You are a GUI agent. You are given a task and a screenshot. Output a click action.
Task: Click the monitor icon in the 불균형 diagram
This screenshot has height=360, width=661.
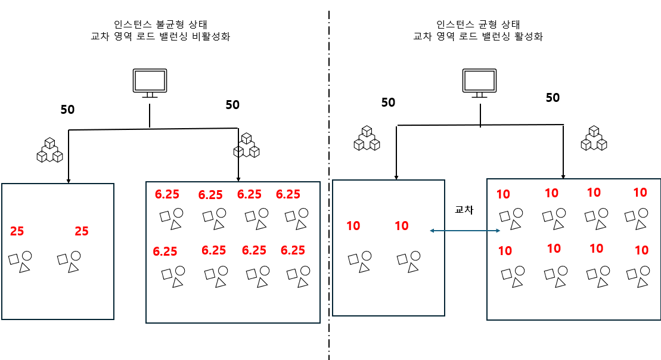(149, 83)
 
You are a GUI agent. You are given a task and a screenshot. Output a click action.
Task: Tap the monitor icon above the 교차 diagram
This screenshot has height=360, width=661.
(479, 83)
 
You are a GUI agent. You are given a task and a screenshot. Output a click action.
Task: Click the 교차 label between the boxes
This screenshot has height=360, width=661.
(463, 210)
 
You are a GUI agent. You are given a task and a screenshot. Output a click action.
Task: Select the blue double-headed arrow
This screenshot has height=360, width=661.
(464, 231)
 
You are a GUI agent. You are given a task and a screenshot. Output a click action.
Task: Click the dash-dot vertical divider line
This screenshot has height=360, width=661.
(328, 179)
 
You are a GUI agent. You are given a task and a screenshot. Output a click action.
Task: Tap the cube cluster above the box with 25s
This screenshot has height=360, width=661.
(49, 150)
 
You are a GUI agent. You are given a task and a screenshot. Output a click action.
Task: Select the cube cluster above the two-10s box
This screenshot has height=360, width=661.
(367, 138)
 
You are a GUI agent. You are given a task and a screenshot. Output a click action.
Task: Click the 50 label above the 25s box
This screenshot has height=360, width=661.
(67, 110)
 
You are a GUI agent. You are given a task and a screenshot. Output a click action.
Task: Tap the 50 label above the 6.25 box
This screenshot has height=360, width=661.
(232, 105)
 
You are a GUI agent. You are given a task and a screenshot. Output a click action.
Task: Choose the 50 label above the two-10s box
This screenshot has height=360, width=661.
(388, 103)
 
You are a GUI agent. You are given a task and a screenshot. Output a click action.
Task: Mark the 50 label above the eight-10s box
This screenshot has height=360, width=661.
(553, 98)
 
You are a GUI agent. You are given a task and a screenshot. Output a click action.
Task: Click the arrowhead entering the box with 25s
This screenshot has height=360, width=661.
(69, 180)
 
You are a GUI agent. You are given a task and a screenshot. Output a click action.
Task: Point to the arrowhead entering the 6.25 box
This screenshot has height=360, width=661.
(238, 178)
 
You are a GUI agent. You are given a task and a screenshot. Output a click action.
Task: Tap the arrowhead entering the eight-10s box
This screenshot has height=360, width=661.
(564, 175)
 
